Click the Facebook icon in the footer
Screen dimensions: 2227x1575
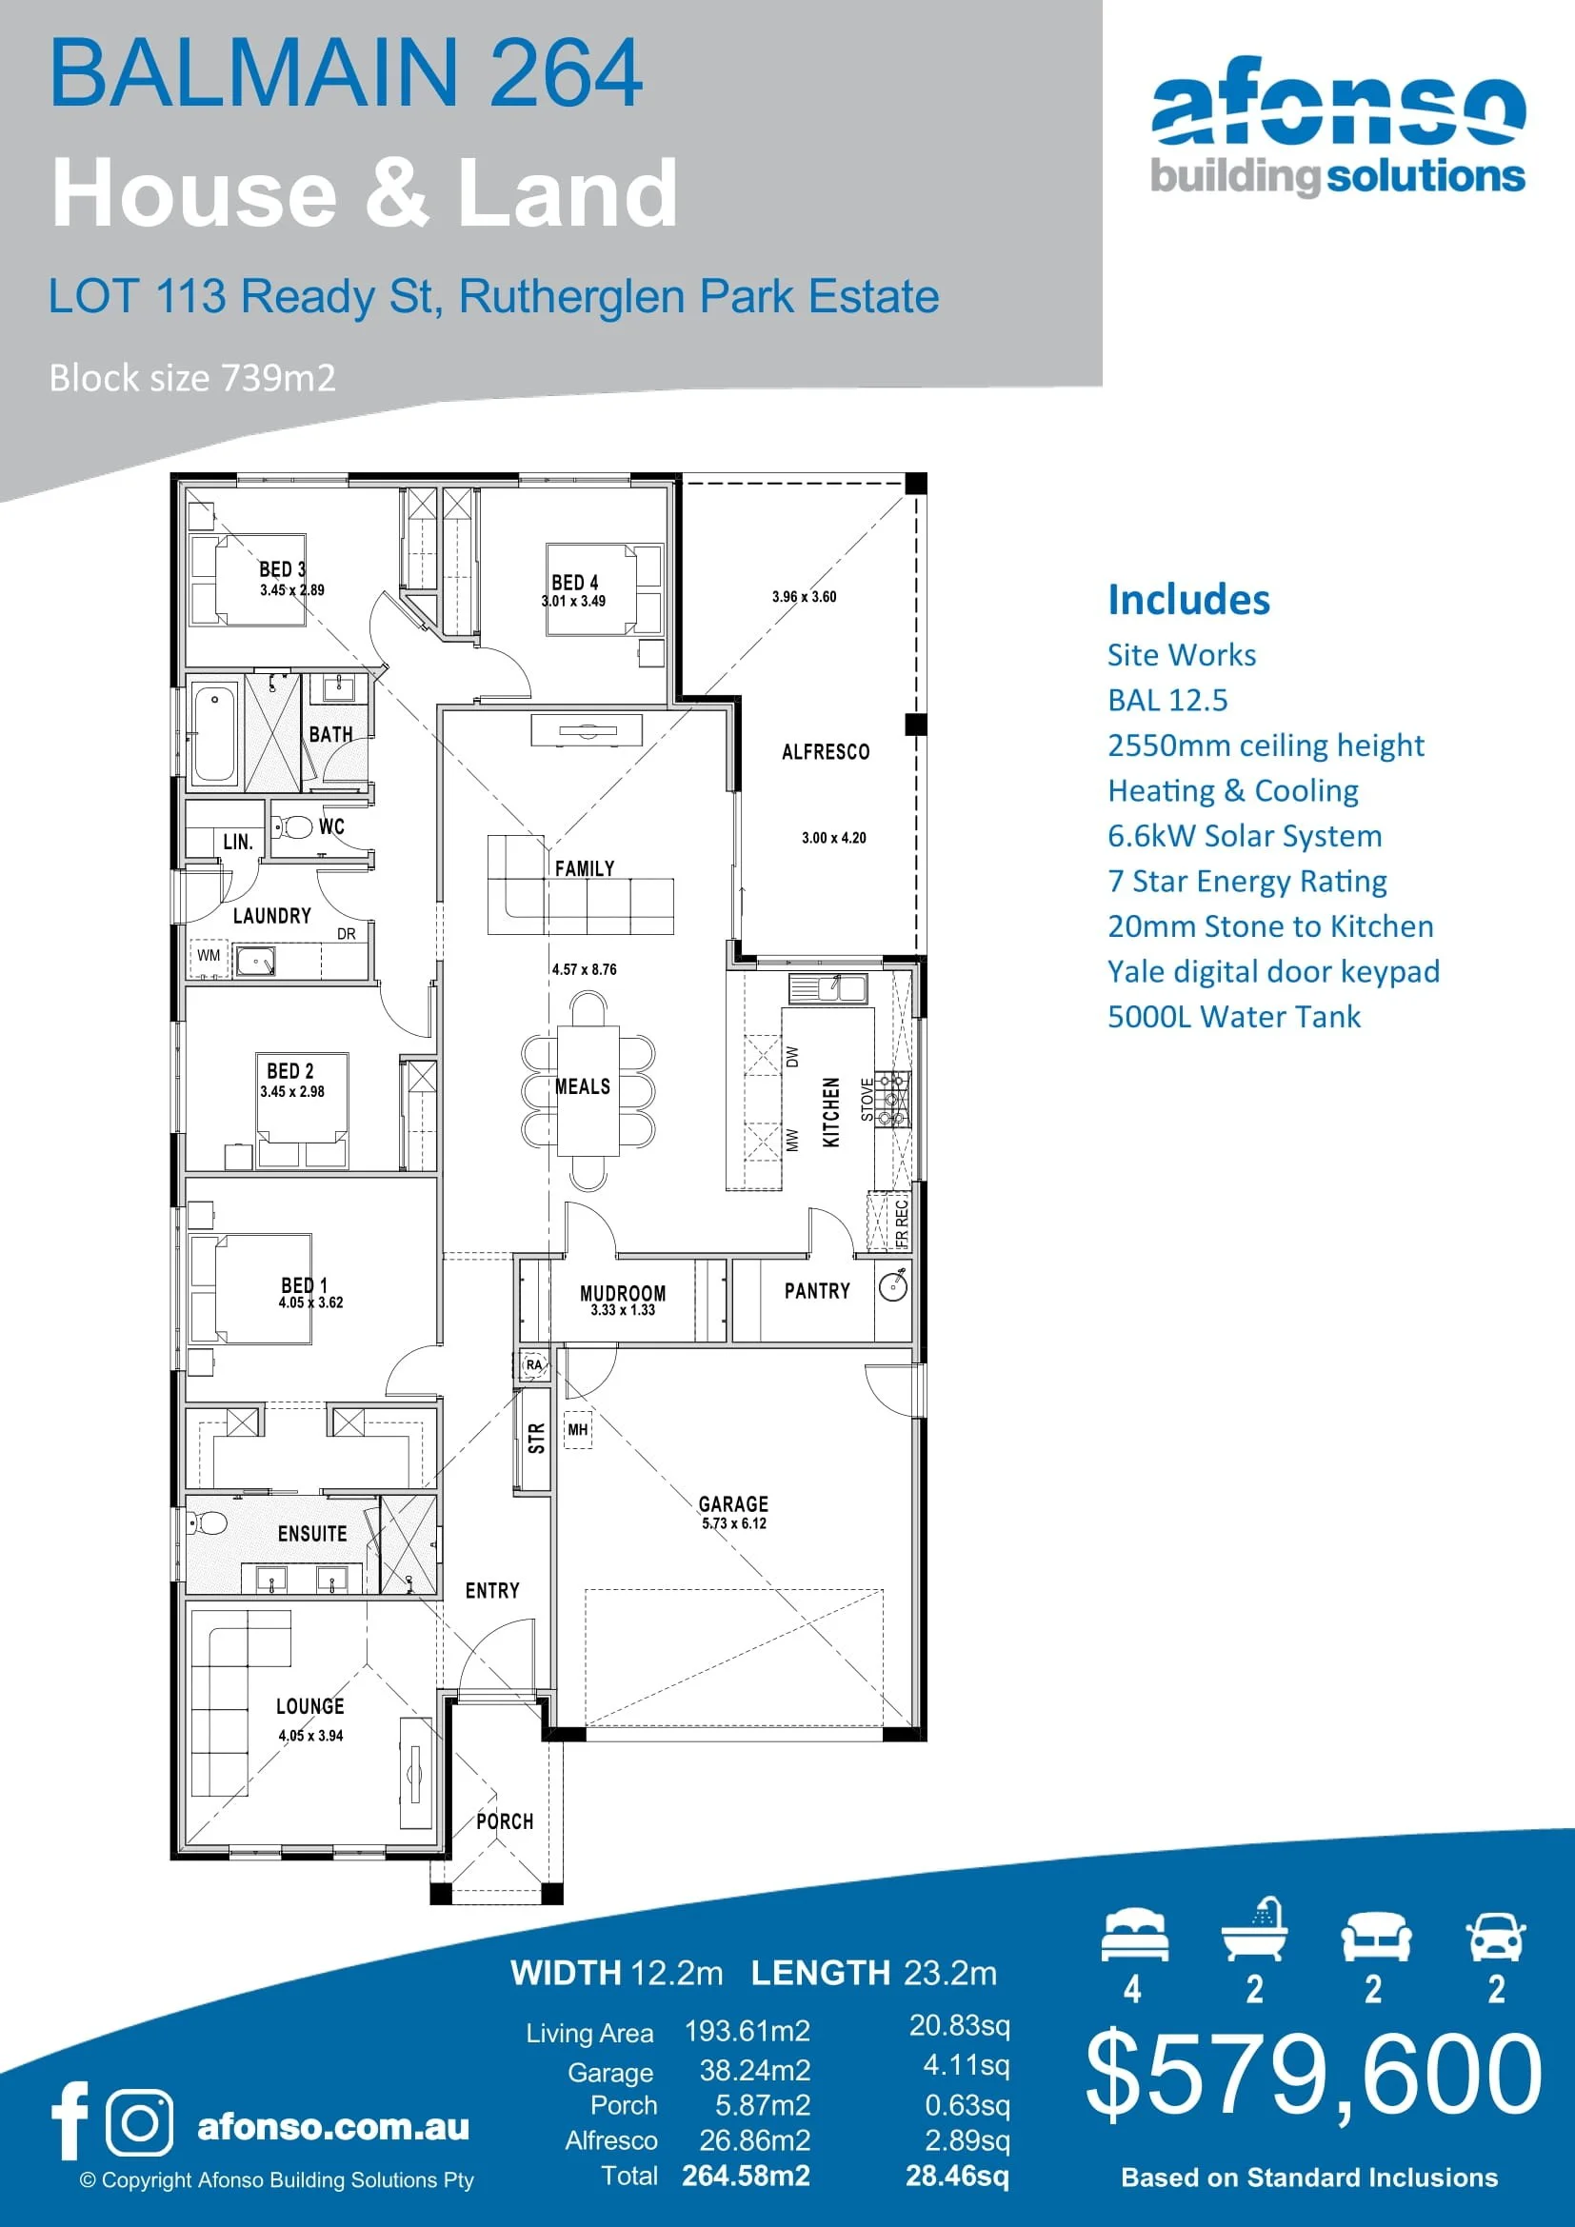(x=70, y=2120)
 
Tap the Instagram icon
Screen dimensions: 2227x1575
(x=141, y=2121)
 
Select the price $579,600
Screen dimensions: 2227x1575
(x=1312, y=2075)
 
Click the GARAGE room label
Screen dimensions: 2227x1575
(x=733, y=1503)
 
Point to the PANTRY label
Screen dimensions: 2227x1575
(x=817, y=1291)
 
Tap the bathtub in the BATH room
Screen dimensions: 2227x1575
(x=214, y=734)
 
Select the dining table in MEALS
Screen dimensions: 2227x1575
(x=588, y=1090)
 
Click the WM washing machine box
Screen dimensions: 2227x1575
(x=209, y=955)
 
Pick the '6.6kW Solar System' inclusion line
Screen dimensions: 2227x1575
(x=1245, y=836)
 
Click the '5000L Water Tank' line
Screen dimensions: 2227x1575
(x=1233, y=1017)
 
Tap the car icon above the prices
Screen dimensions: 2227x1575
(x=1495, y=1937)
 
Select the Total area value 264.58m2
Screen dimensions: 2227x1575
(x=745, y=2176)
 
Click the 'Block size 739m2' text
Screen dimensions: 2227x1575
(x=192, y=377)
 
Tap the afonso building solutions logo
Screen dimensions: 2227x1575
(x=1337, y=126)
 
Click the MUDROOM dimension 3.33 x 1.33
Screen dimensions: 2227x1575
(x=623, y=1310)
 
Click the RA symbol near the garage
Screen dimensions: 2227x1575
(x=533, y=1364)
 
